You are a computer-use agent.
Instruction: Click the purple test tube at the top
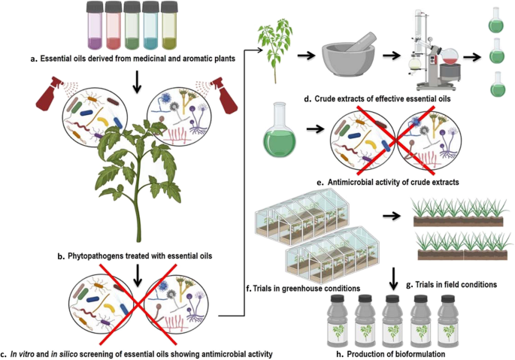(95, 26)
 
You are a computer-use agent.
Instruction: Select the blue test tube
(150, 26)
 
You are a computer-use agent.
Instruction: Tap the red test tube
(114, 26)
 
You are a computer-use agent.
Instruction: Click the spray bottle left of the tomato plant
(53, 94)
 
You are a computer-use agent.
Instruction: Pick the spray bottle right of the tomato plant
(219, 95)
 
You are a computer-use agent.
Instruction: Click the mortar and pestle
(348, 54)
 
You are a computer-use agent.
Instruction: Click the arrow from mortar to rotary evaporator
(391, 56)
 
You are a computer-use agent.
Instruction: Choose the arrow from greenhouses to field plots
(392, 216)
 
